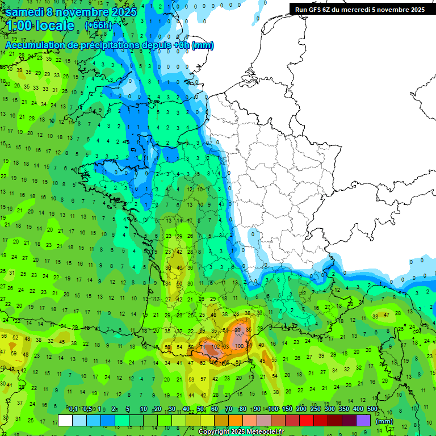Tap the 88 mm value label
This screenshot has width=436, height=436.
(238, 330)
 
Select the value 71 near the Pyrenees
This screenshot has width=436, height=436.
(202, 346)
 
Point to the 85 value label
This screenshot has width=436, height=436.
(248, 330)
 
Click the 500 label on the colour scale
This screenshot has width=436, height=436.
(372, 409)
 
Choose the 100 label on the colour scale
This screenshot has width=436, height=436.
(274, 409)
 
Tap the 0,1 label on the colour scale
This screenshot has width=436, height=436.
(73, 409)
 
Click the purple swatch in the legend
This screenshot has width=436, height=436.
(363, 421)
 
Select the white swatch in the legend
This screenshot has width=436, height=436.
(65, 421)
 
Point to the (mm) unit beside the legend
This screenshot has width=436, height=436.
(384, 421)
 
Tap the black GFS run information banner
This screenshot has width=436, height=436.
(360, 10)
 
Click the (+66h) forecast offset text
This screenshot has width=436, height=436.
(98, 26)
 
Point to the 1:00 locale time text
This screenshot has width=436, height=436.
(40, 26)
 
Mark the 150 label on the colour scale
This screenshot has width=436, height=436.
(288, 409)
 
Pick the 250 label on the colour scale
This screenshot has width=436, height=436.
(316, 409)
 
